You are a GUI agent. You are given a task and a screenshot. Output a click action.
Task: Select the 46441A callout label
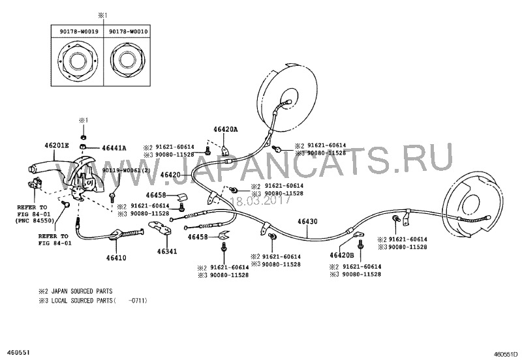(114, 148)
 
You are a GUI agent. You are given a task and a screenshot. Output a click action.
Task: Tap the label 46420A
(225, 130)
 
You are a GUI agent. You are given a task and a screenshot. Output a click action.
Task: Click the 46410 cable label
(114, 258)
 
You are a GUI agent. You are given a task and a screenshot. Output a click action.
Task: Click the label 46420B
(341, 256)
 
